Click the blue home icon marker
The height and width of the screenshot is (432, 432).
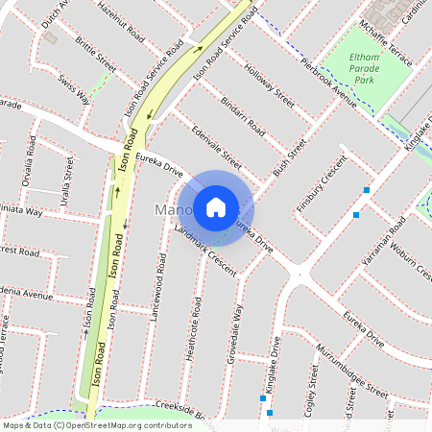pyautogui.click(x=216, y=205)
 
